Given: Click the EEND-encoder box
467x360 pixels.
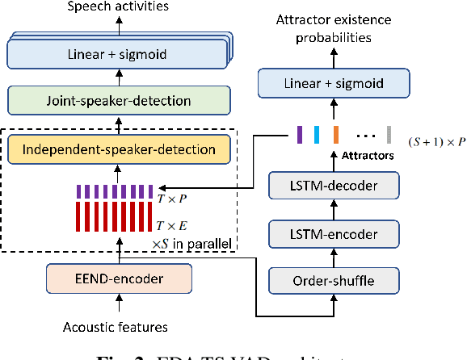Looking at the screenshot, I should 118,279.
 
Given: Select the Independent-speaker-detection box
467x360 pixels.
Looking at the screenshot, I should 119,149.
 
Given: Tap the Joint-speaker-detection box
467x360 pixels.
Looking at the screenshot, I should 119,102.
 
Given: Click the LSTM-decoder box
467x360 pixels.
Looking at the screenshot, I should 334,186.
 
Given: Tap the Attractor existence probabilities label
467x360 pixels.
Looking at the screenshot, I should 334,27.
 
